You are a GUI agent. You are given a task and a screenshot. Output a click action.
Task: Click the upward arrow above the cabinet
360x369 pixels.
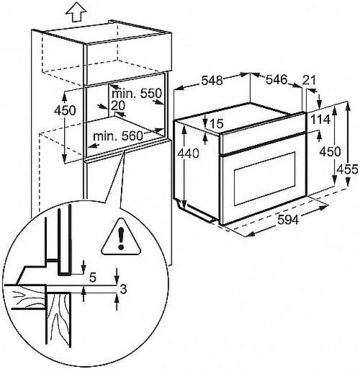pos(76,12)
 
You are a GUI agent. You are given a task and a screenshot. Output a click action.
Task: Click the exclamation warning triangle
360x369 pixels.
pos(121,237)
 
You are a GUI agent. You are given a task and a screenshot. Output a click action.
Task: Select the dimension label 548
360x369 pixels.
pos(212,80)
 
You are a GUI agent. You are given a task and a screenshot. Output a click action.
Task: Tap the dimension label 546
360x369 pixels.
pos(276,79)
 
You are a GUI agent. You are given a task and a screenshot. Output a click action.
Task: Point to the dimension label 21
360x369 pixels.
pos(309,81)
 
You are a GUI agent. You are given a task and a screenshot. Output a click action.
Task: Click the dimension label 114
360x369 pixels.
pos(320,120)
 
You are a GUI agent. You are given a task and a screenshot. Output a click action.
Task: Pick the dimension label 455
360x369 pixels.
pos(347,169)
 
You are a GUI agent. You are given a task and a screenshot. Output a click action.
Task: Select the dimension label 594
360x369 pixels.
pos(288,219)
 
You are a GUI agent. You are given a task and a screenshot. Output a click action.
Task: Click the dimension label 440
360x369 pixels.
pos(188,154)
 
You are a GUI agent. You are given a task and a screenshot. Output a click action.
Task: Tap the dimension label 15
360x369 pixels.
pos(217,123)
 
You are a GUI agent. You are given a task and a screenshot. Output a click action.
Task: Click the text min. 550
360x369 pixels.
pos(137,93)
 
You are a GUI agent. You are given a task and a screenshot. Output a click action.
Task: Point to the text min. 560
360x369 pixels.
pos(118,136)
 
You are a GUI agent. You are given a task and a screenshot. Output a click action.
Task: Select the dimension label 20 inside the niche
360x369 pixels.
pos(118,106)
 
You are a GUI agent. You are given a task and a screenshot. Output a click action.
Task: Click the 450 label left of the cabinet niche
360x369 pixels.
pos(65,110)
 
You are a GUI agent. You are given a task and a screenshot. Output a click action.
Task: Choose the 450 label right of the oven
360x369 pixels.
pos(330,151)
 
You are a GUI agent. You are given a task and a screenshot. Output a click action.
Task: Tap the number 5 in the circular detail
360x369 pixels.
pos(93,278)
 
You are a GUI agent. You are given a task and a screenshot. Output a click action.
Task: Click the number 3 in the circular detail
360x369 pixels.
pos(123,290)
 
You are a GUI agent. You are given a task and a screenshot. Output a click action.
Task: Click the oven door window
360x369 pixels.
pos(264,179)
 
